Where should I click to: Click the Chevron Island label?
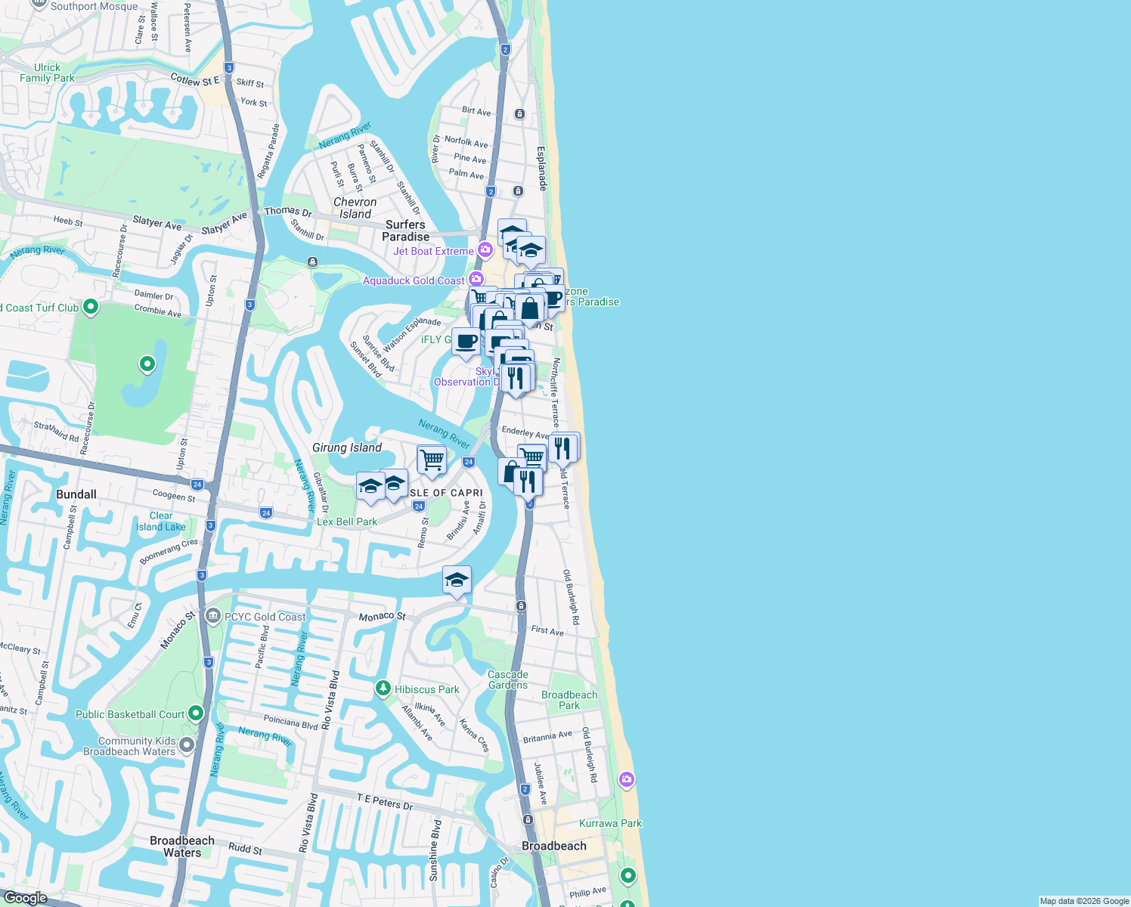pyautogui.click(x=355, y=208)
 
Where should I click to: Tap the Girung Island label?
pyautogui.click(x=347, y=447)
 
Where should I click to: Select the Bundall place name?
pyautogui.click(x=76, y=494)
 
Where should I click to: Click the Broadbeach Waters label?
pyautogui.click(x=182, y=847)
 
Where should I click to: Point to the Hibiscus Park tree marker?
pyautogui.click(x=383, y=689)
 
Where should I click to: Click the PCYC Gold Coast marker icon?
pyautogui.click(x=213, y=617)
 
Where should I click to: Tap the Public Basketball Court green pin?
pyautogui.click(x=196, y=714)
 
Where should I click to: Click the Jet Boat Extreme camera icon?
pyautogui.click(x=485, y=250)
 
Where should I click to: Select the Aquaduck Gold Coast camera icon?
pyautogui.click(x=476, y=280)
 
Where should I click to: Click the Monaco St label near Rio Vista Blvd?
pyautogui.click(x=382, y=617)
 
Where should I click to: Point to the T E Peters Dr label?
pyautogui.click(x=385, y=802)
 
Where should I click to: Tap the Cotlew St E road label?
pyautogui.click(x=195, y=80)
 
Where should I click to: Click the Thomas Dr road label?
pyautogui.click(x=288, y=212)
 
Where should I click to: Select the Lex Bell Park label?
pyautogui.click(x=347, y=522)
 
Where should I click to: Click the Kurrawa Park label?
pyautogui.click(x=610, y=823)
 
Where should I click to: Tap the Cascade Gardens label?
pyautogui.click(x=508, y=679)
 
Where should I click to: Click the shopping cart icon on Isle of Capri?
pyautogui.click(x=432, y=460)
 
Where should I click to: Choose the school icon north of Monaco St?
pyautogui.click(x=457, y=580)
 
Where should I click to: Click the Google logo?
pyautogui.click(x=25, y=898)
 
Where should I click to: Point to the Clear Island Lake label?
pyautogui.click(x=161, y=522)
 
